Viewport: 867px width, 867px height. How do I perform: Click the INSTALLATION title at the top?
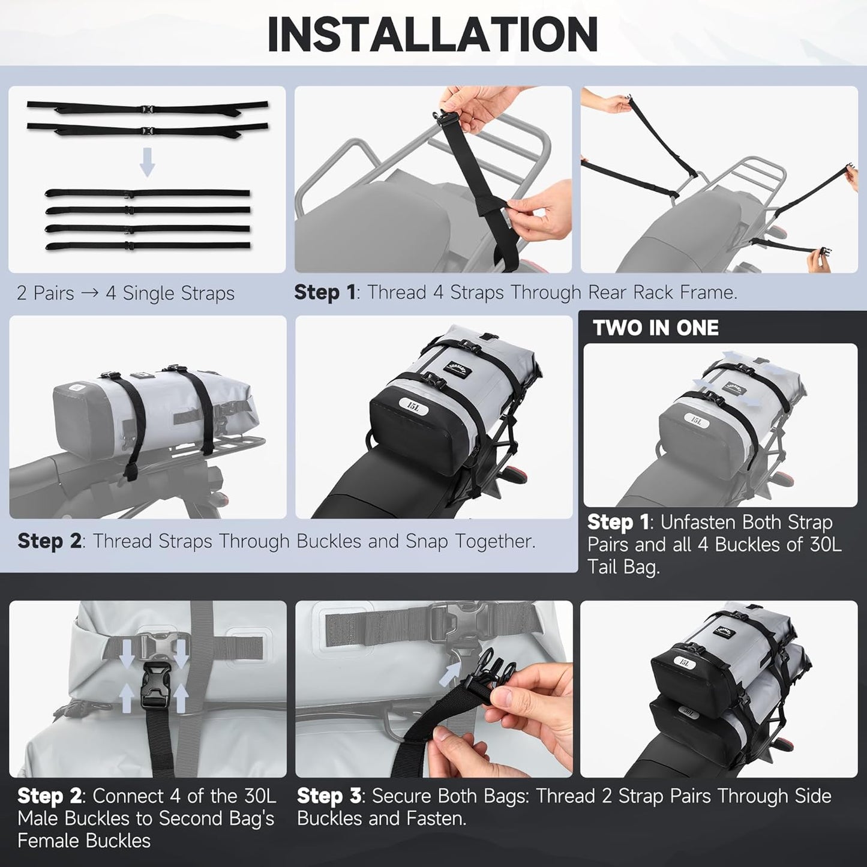(x=433, y=34)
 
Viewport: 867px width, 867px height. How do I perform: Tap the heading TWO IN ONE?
(x=656, y=328)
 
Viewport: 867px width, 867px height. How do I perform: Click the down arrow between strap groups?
(x=147, y=163)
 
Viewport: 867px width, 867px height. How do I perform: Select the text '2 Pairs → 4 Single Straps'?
(x=125, y=293)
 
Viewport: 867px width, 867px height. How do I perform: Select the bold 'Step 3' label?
(x=329, y=796)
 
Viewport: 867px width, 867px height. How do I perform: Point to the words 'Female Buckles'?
(x=84, y=841)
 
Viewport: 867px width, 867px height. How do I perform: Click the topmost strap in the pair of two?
(x=148, y=107)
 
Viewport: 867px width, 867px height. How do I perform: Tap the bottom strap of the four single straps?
(x=148, y=246)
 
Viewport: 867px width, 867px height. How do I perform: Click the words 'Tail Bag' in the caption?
(x=623, y=567)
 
